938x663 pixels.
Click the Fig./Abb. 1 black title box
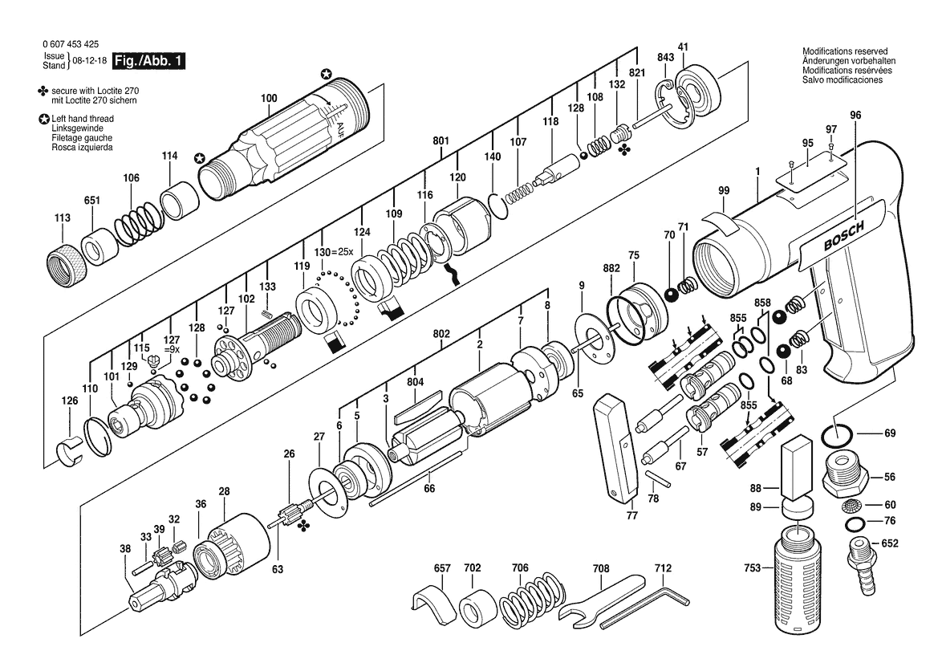pyautogui.click(x=149, y=60)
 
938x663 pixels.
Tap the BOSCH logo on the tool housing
pyautogui.click(x=843, y=236)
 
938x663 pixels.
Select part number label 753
pyautogui.click(x=752, y=567)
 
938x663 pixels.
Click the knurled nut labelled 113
pyautogui.click(x=67, y=263)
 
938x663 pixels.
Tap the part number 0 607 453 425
pyautogui.click(x=71, y=44)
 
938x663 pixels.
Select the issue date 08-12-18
pyautogui.click(x=90, y=60)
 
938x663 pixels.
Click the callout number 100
pyautogui.click(x=269, y=98)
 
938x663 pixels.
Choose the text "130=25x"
pyautogui.click(x=334, y=252)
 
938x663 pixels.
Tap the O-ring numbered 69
pyautogui.click(x=838, y=436)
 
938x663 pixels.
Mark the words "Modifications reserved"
pyautogui.click(x=845, y=51)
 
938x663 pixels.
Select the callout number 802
pyautogui.click(x=441, y=333)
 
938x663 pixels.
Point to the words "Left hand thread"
pyautogui.click(x=83, y=119)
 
